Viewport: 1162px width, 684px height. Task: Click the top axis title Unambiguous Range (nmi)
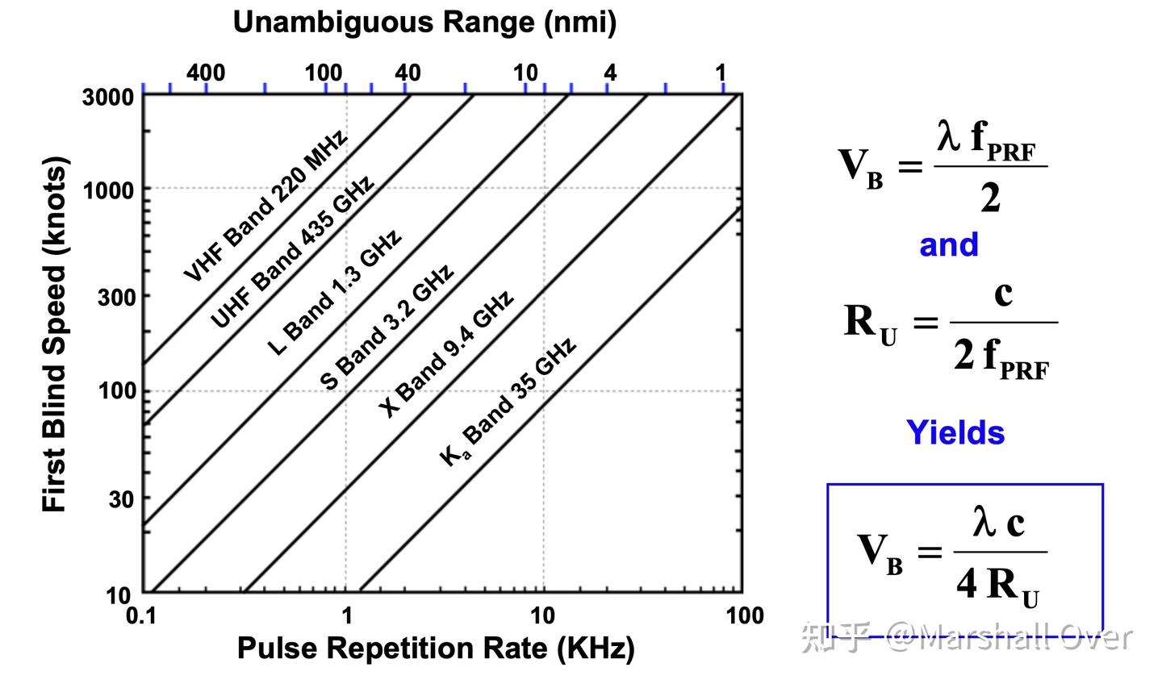tap(424, 23)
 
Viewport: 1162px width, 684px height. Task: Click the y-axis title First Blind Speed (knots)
tap(55, 335)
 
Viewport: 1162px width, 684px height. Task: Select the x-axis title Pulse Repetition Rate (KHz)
tap(436, 649)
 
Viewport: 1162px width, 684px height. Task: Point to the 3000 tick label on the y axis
tap(108, 97)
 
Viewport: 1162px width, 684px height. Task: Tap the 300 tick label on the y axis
tap(116, 297)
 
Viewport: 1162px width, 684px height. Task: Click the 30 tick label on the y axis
tap(121, 499)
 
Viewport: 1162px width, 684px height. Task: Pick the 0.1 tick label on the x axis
tap(141, 616)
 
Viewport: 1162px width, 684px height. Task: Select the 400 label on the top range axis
tap(206, 73)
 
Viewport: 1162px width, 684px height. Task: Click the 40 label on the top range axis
tap(408, 73)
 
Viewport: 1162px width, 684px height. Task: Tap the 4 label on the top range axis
tap(610, 73)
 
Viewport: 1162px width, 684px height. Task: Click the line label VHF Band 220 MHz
tap(265, 206)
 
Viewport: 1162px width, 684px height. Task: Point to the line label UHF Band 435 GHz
tap(292, 252)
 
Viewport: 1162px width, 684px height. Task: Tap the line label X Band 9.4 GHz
tap(446, 355)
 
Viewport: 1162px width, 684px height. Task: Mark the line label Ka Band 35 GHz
tap(508, 402)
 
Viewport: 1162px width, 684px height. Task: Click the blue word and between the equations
tap(948, 244)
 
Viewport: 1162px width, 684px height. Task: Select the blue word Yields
tap(955, 432)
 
